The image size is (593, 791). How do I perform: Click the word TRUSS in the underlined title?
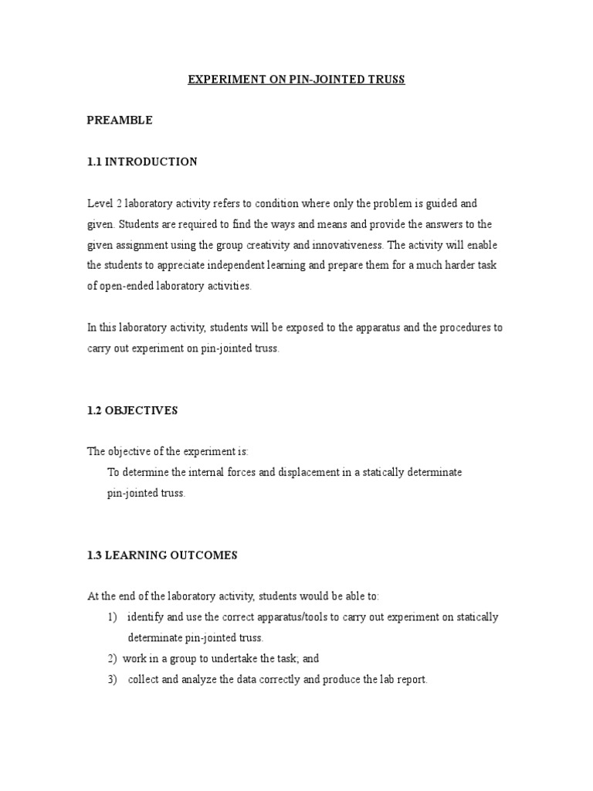click(385, 80)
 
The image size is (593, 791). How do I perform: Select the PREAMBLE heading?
click(120, 121)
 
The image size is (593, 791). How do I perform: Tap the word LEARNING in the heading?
click(137, 555)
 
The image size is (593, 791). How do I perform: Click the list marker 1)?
click(113, 617)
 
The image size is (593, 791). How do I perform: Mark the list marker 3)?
click(113, 680)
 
